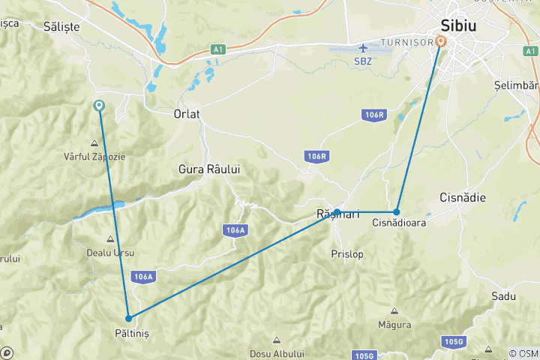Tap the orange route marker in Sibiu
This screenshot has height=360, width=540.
(440, 42)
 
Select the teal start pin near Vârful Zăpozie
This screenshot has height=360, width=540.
(99, 106)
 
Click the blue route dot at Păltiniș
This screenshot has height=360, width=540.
(129, 319)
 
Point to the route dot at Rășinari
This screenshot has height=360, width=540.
(337, 211)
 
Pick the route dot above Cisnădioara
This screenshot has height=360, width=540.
(397, 211)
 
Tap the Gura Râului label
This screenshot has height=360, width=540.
(209, 169)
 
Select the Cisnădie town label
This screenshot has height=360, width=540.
(463, 198)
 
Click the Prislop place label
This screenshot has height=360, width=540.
(346, 254)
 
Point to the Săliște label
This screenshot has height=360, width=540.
(61, 26)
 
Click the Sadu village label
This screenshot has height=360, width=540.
(503, 296)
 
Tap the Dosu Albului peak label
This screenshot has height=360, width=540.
(277, 354)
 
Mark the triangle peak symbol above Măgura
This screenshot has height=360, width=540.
(394, 310)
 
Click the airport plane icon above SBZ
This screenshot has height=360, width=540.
(364, 48)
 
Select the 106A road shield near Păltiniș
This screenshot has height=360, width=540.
(142, 277)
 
